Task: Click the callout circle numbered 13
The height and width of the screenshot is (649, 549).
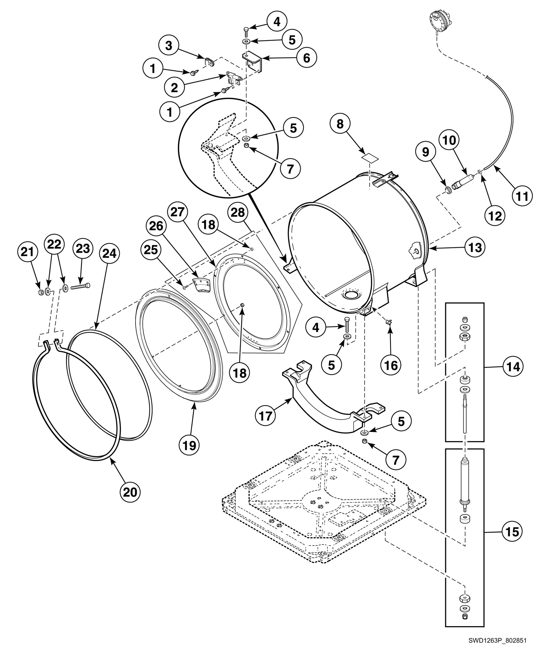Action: (x=475, y=248)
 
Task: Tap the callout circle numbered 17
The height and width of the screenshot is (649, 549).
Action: (x=265, y=415)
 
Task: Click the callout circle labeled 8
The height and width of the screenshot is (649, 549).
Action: (x=340, y=124)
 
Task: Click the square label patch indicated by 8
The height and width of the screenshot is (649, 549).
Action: (x=370, y=158)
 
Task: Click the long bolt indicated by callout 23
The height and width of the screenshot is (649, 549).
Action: (x=79, y=286)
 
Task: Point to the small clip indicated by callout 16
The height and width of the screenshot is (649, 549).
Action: (x=389, y=322)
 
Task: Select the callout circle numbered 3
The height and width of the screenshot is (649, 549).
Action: (x=169, y=46)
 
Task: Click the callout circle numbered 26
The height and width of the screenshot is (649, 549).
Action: (x=156, y=226)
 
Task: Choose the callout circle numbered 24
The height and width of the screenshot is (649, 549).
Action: (x=109, y=254)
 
